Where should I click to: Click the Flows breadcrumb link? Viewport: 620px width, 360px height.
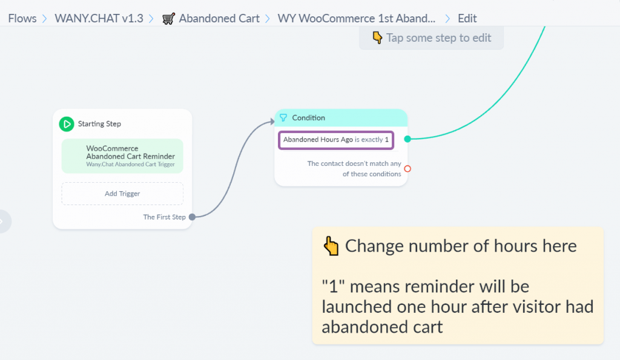(x=22, y=18)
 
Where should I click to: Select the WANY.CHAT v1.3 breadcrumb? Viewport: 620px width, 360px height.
(x=99, y=18)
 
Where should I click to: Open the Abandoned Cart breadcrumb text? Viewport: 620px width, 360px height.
(x=219, y=18)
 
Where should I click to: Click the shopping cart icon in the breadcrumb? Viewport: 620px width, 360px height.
(x=168, y=19)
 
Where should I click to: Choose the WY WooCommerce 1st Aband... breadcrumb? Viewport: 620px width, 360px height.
(x=356, y=18)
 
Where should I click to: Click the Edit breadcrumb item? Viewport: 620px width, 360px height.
(x=467, y=18)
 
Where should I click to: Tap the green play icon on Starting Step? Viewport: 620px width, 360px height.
(x=67, y=124)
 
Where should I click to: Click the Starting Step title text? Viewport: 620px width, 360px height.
(x=99, y=123)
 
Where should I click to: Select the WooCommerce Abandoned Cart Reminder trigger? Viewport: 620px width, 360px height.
(x=122, y=156)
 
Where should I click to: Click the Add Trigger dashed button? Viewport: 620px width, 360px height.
(x=122, y=194)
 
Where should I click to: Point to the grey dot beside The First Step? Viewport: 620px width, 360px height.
(x=192, y=217)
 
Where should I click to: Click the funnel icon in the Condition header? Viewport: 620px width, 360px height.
(x=283, y=118)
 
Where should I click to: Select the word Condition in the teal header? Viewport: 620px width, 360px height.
(x=308, y=118)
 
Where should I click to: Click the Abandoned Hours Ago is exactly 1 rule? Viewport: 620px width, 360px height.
(x=336, y=140)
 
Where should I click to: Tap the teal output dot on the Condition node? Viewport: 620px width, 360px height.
(x=407, y=139)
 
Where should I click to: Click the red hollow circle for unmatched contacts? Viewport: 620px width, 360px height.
(x=407, y=169)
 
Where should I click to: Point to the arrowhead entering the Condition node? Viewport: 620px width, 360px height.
(x=272, y=122)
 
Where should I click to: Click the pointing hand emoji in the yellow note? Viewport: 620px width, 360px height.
(x=331, y=246)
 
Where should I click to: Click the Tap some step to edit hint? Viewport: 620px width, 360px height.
(x=431, y=38)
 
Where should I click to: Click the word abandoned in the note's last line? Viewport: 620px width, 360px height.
(x=382, y=327)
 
